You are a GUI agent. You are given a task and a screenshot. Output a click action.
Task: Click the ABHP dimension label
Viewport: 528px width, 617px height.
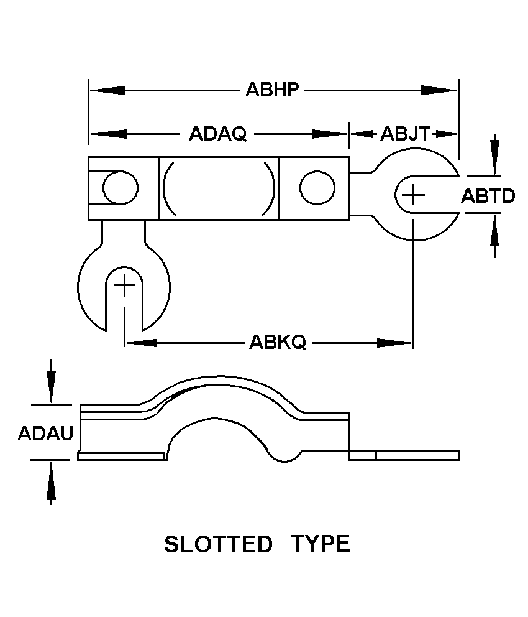[x=272, y=90]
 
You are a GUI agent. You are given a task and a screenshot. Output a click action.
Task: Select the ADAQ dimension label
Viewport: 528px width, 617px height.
[x=217, y=134]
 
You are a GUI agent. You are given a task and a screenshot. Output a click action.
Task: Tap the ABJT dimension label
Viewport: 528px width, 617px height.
[x=405, y=134]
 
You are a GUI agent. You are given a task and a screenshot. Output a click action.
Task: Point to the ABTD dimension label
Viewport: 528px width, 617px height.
[x=488, y=195]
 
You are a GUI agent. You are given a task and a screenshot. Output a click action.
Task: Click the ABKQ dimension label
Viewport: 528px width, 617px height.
[x=278, y=342]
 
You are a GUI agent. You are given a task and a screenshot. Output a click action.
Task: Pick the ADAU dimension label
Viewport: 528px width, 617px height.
[x=45, y=434]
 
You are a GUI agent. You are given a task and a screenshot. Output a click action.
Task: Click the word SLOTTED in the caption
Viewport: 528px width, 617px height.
[x=218, y=544]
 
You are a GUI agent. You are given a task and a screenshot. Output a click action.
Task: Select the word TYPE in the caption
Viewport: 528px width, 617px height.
[x=320, y=544]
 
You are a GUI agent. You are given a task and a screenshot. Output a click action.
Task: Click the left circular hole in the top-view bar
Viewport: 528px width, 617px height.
[x=121, y=188]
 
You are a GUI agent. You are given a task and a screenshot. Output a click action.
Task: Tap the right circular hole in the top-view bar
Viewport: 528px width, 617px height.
[x=317, y=188]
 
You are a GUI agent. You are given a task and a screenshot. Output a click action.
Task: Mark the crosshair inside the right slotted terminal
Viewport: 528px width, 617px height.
[x=413, y=195]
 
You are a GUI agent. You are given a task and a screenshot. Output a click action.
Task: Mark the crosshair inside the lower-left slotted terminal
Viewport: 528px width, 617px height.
[x=124, y=285]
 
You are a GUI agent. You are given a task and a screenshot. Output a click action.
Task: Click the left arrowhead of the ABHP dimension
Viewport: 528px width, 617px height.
[x=107, y=90]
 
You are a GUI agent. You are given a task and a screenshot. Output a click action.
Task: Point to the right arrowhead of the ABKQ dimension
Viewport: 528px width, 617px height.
[x=394, y=343]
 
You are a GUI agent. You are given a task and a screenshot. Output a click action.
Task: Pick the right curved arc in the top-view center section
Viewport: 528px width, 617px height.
[x=270, y=188]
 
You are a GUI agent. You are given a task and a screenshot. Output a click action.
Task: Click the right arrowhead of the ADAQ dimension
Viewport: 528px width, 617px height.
[x=330, y=134]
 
